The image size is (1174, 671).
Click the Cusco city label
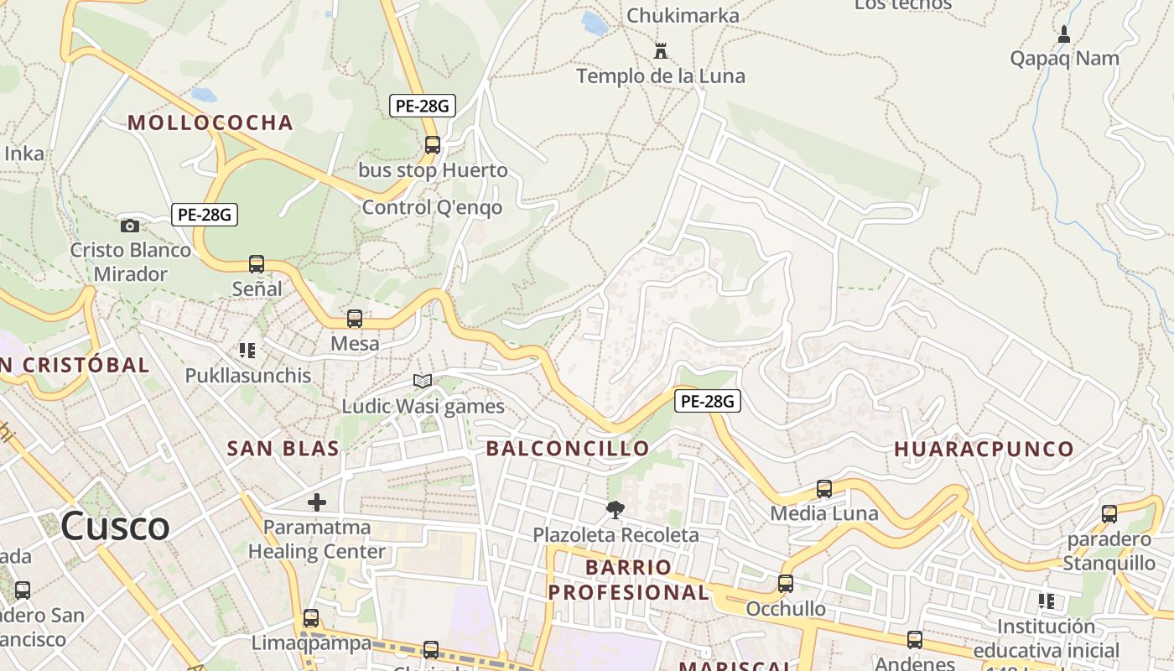(115, 526)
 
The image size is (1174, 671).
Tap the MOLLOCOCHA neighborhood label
(210, 122)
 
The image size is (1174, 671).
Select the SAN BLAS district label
(283, 448)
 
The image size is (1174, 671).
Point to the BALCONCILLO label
(568, 448)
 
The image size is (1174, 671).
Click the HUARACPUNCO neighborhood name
(984, 449)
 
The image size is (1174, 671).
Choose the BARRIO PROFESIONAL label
(629, 580)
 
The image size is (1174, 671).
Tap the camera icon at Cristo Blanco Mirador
(129, 226)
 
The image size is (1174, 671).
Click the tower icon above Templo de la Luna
(661, 51)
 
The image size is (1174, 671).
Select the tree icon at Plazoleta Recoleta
(616, 509)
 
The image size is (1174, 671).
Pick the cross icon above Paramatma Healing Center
(317, 502)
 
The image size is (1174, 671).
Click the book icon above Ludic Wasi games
(423, 382)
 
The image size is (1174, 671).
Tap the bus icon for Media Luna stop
(824, 489)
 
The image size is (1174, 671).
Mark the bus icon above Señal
(257, 264)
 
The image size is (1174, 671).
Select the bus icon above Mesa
(355, 319)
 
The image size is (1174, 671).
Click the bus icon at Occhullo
(786, 584)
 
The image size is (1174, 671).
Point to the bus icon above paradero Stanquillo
(1109, 514)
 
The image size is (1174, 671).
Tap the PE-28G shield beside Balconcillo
(707, 402)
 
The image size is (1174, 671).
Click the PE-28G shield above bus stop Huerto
(423, 106)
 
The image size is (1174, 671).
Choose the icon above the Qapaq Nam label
(1064, 34)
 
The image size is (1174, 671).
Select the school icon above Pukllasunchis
(247, 350)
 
